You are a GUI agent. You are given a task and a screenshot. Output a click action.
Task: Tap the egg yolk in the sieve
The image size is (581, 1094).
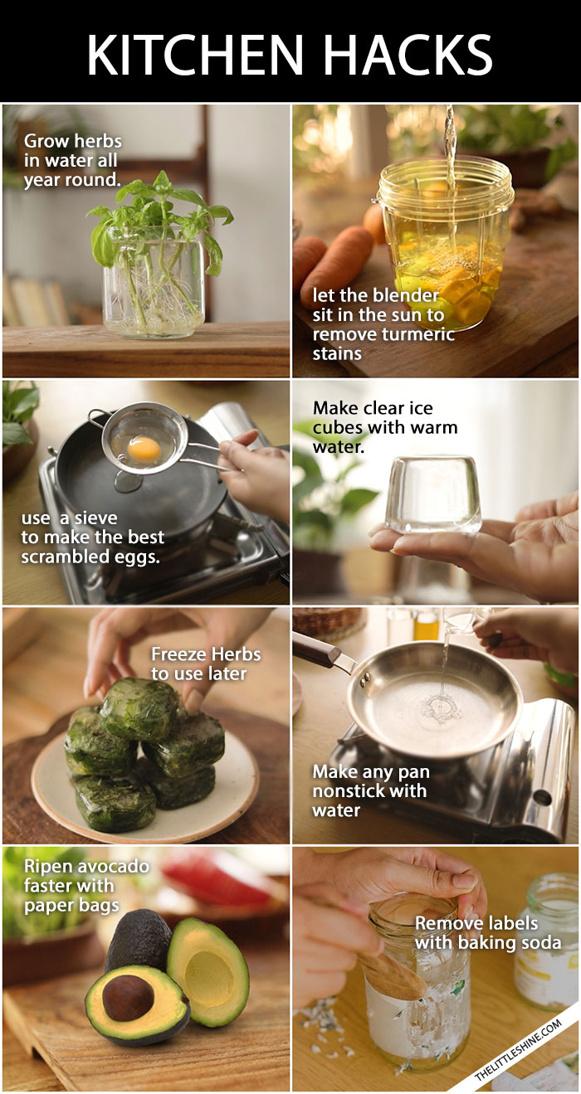(144, 449)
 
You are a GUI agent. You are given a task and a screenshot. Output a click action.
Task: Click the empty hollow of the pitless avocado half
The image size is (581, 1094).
(211, 980)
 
